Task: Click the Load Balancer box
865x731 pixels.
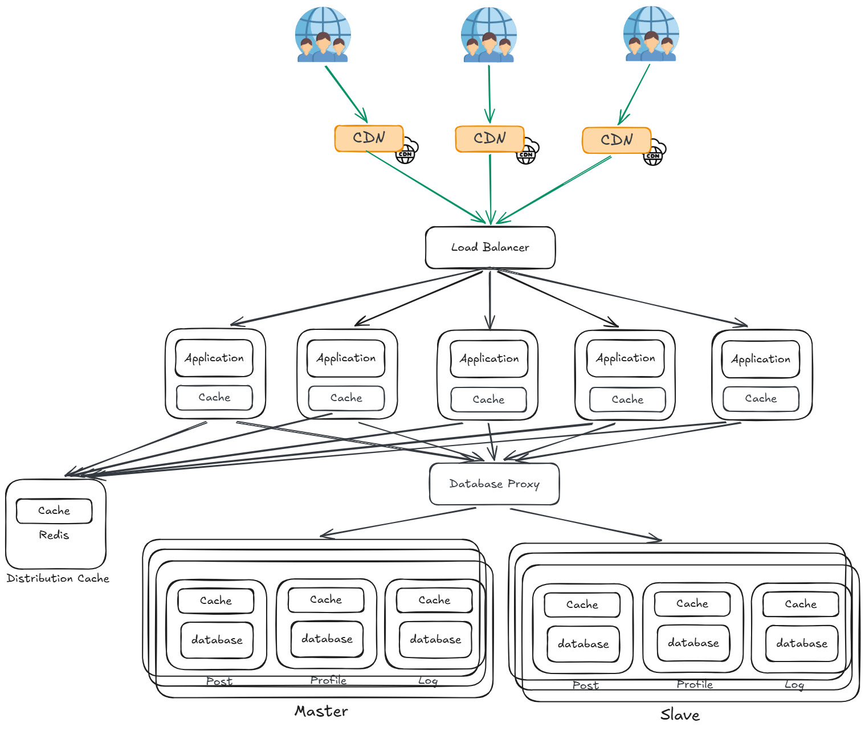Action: click(x=490, y=248)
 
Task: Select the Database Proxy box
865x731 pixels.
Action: click(x=494, y=484)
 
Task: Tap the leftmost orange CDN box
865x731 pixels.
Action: click(x=369, y=138)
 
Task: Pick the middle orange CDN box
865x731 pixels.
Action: click(x=489, y=139)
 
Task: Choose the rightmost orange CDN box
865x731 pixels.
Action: click(x=617, y=140)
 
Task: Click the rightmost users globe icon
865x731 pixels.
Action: click(x=651, y=34)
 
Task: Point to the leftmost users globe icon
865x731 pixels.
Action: click(x=323, y=34)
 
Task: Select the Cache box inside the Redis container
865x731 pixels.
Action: click(x=54, y=511)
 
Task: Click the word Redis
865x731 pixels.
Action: click(x=54, y=535)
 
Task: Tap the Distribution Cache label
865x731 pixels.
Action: click(x=58, y=578)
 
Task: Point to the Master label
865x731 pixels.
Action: click(x=321, y=711)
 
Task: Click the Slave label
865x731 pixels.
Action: click(x=680, y=714)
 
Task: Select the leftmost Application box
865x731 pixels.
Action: click(x=214, y=358)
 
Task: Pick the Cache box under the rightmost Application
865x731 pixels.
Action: click(x=761, y=399)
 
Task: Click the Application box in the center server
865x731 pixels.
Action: click(x=489, y=359)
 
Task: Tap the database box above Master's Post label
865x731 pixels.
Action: click(x=217, y=640)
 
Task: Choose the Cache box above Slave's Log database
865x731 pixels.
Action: click(x=801, y=604)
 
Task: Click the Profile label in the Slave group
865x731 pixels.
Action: click(x=695, y=684)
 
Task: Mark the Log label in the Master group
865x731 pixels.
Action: click(x=428, y=681)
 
